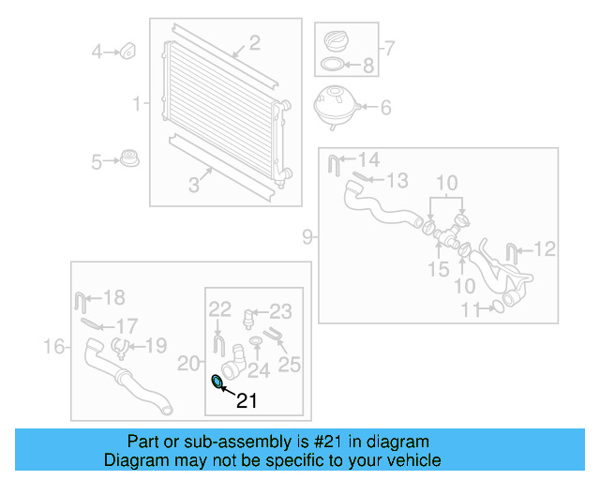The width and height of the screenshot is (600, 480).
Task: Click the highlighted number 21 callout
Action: (x=246, y=401)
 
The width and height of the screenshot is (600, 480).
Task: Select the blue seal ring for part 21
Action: (x=218, y=381)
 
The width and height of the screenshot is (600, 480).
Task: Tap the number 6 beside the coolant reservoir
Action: (x=384, y=107)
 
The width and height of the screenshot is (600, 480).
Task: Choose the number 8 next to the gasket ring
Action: (x=367, y=66)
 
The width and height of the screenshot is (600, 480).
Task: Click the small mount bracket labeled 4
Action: (x=129, y=49)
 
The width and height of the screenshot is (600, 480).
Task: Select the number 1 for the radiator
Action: (x=138, y=103)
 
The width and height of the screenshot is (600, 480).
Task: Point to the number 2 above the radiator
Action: (x=254, y=42)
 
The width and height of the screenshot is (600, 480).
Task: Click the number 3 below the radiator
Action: (x=194, y=186)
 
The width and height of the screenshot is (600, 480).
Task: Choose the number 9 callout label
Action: (x=307, y=237)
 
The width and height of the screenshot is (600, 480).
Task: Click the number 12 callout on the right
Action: (x=545, y=248)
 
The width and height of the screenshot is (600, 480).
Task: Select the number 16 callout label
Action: (x=54, y=348)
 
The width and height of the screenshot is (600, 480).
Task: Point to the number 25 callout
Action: (x=290, y=364)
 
